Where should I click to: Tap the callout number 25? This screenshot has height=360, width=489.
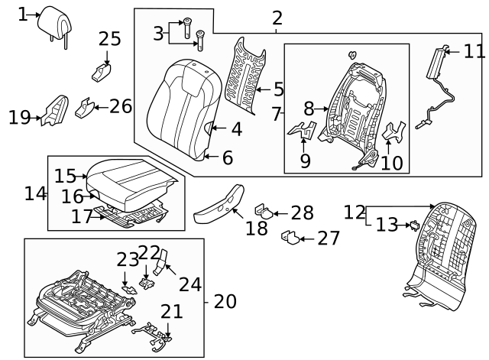point(110,38)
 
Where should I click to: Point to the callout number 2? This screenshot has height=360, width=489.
point(277,18)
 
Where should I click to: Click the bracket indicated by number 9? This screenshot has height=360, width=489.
point(305,131)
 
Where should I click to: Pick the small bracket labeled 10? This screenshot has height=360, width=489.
point(394,133)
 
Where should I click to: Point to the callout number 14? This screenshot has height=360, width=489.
point(35,193)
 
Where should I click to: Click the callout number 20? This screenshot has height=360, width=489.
point(225,301)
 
